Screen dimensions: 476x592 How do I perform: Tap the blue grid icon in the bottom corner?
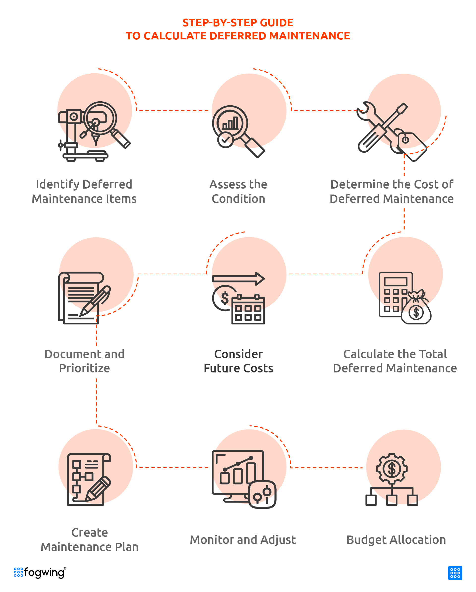coord(455,573)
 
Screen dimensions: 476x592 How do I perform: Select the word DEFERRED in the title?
coord(238,36)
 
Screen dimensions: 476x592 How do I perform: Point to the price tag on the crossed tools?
coord(412,145)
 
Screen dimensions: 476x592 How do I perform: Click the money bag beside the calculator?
coord(416,307)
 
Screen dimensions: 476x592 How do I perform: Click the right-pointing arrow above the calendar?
coord(238,279)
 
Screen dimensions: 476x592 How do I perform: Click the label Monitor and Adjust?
coord(243,540)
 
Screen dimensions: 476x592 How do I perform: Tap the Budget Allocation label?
coord(396,540)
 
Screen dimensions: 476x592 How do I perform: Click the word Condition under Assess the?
coord(238,199)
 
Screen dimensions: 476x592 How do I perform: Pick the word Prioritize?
coord(84,368)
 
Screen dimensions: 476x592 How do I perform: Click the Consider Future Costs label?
coord(238,361)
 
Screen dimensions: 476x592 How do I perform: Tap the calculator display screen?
coord(395,282)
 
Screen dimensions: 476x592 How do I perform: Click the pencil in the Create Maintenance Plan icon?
coord(98,489)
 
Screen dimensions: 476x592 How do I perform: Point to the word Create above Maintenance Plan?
coord(89,533)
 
